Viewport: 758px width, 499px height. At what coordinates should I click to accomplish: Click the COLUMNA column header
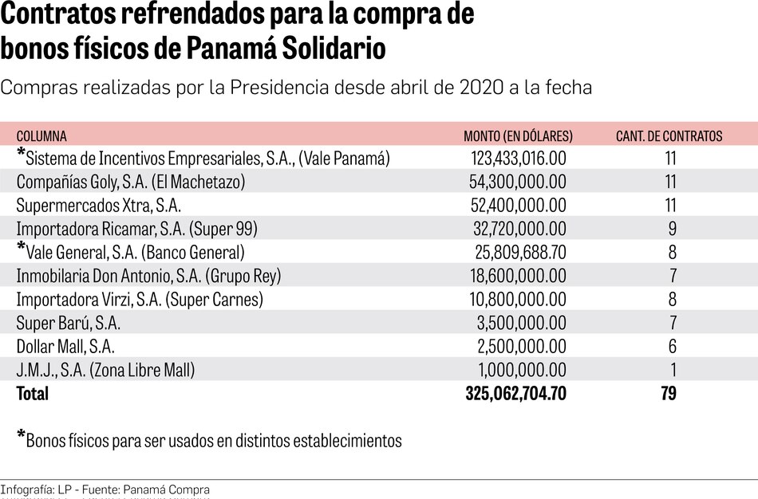click(41, 136)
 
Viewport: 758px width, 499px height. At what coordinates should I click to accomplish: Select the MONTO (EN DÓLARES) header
click(518, 136)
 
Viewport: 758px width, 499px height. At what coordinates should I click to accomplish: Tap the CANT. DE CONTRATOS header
click(669, 136)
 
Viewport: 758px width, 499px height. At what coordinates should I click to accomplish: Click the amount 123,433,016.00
click(518, 159)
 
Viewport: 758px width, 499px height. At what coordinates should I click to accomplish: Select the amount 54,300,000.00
click(518, 183)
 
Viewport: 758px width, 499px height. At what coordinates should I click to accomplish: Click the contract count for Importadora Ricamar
click(673, 230)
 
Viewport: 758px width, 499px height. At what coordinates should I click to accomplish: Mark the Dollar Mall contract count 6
click(673, 347)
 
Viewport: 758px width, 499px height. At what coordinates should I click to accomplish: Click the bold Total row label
click(32, 394)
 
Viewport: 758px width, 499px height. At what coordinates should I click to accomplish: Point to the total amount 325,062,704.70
click(515, 394)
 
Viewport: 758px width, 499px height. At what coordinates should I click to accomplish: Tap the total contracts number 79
click(668, 394)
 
